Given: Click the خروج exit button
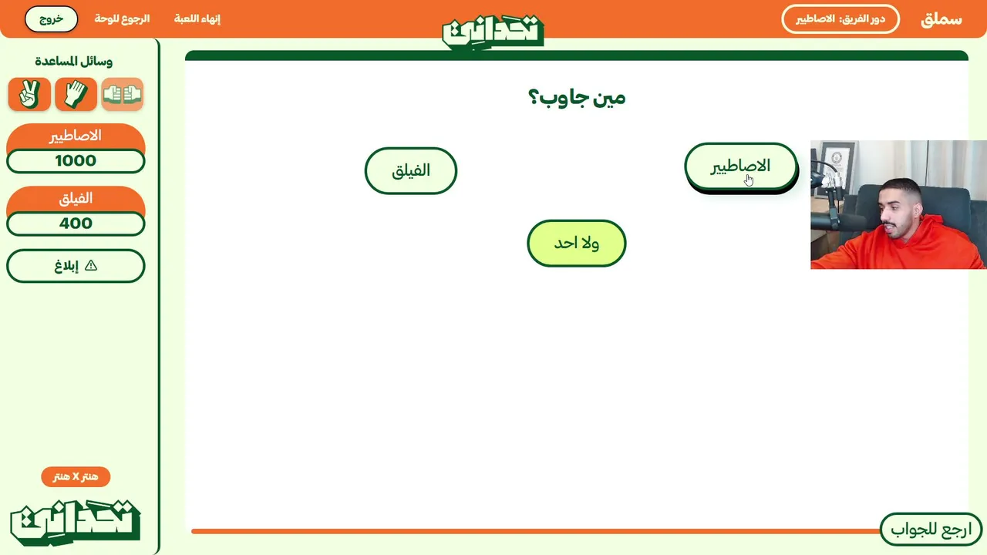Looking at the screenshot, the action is coord(51,19).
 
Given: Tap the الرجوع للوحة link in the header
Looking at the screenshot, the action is coord(122,19).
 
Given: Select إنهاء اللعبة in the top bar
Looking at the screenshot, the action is coord(197,19).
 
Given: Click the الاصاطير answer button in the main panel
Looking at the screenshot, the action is coord(741,166).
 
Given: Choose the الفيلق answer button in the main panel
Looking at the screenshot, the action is coord(411,170).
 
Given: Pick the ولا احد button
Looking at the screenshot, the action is coord(576,243).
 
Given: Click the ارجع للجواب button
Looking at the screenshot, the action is coord(931,529).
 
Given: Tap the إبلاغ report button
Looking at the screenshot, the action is coord(76,266).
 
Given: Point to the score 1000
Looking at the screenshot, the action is coord(76,161).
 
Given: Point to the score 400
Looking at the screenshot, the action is coord(76,224).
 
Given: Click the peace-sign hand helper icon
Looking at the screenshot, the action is coord(29,94).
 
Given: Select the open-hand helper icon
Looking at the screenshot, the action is coord(76,94).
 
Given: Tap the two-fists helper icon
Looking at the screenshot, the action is coord(122,94).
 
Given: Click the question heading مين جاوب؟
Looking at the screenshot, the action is coord(576,97).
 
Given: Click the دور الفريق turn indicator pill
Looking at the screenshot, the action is coord(840,19).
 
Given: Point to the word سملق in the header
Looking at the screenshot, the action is coord(942,19).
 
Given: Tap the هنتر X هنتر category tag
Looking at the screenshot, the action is coord(76,476).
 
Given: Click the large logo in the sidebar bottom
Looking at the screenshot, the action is coord(76,523).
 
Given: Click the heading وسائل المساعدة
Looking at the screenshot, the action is coord(73,61).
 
